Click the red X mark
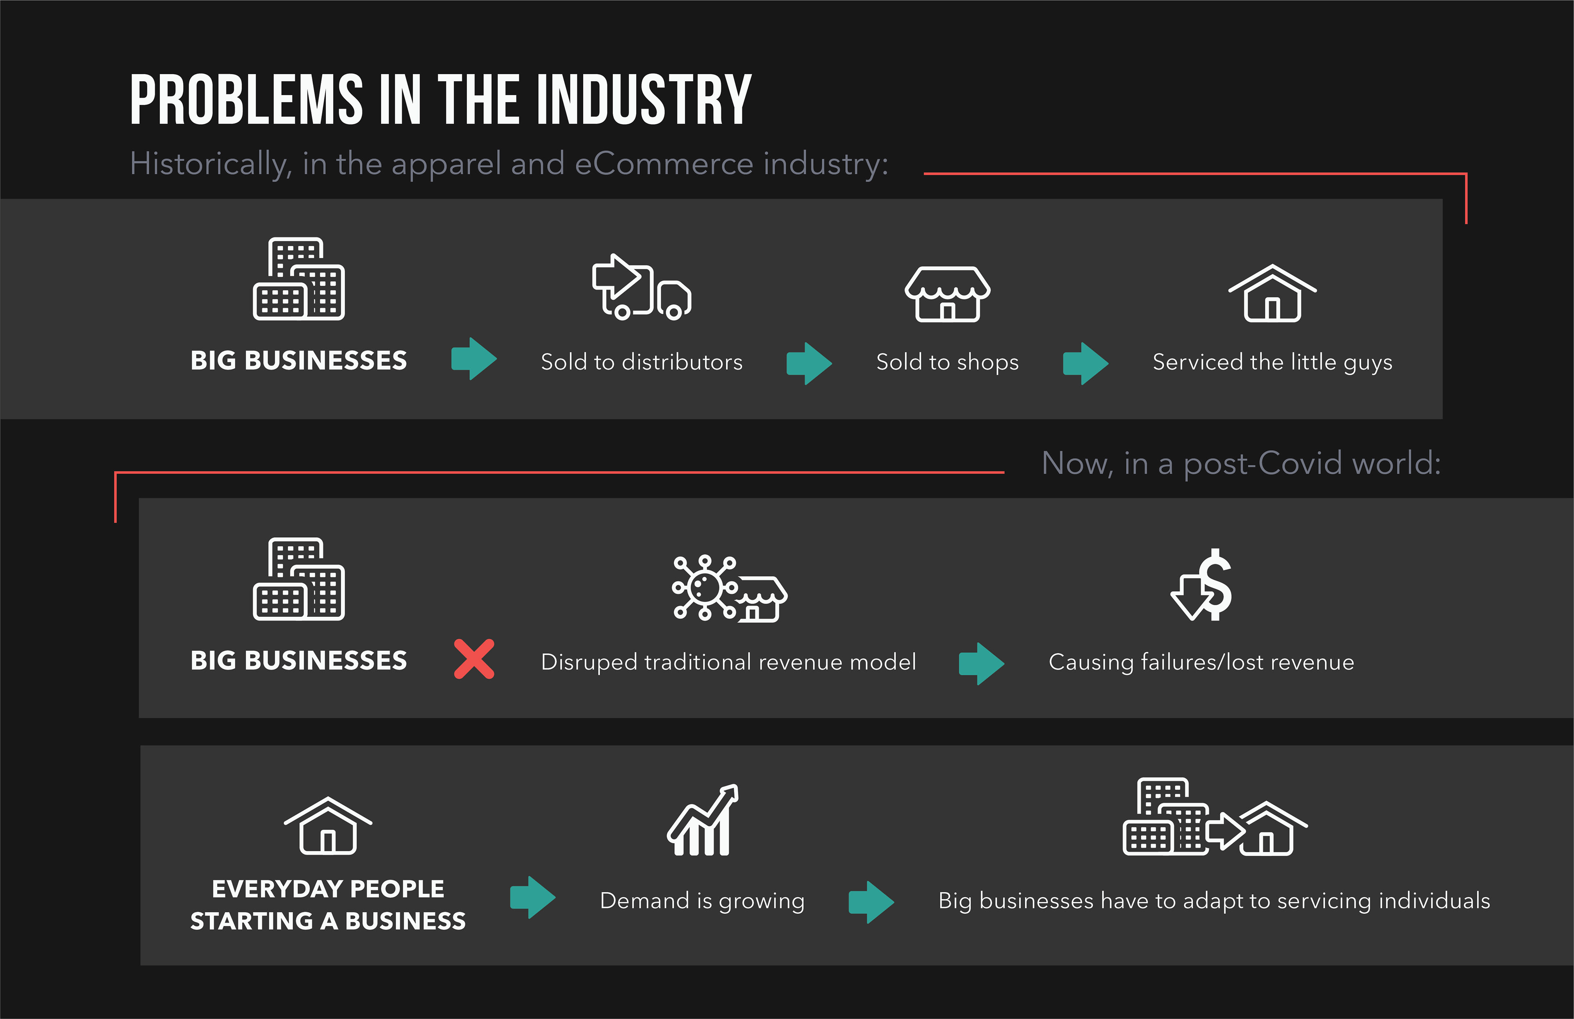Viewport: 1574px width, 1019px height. [473, 659]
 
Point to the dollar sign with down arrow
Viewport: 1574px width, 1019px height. [1202, 586]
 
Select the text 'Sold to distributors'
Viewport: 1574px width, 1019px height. [641, 362]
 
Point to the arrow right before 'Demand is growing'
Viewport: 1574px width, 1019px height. [532, 897]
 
